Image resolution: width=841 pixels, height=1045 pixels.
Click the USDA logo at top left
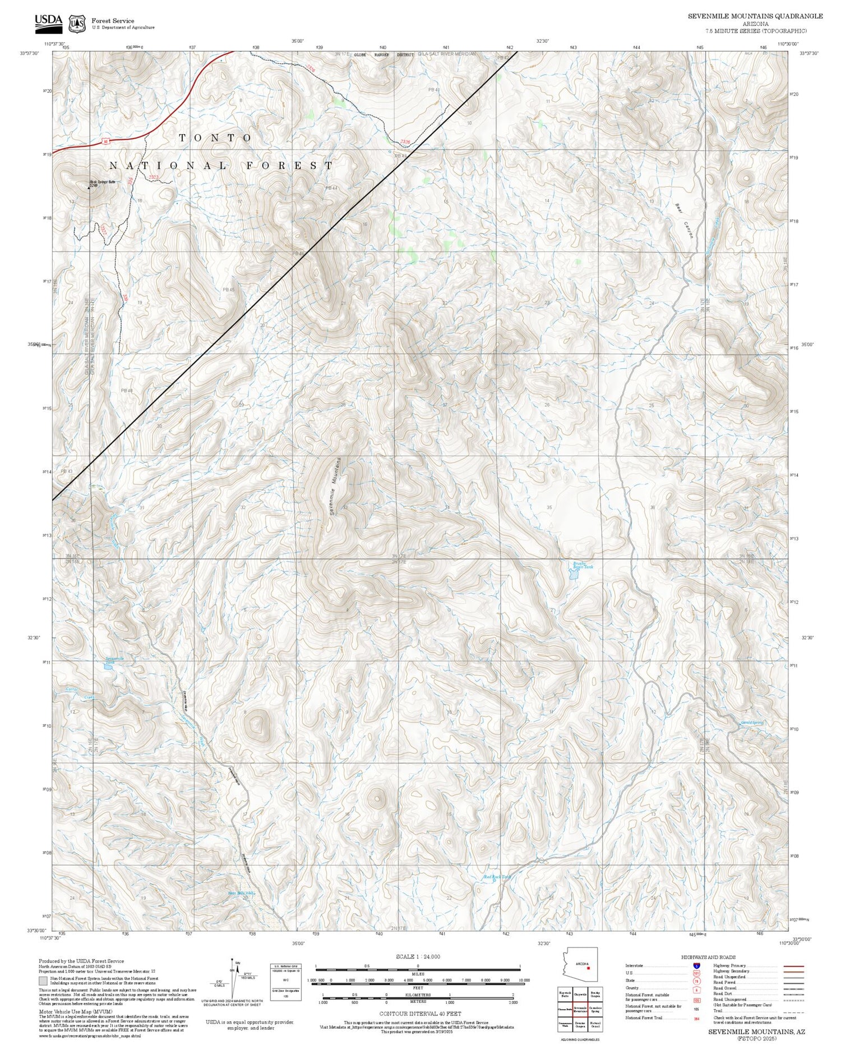[49, 21]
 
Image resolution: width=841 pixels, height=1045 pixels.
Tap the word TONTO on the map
[216, 138]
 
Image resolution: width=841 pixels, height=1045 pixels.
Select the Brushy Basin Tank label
[582, 566]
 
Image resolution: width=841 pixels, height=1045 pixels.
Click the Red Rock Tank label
[497, 877]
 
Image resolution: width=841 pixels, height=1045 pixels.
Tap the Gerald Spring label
[752, 723]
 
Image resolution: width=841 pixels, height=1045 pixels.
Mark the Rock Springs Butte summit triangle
[88, 188]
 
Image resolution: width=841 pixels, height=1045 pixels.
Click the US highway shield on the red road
[105, 142]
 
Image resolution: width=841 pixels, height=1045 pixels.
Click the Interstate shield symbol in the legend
[696, 965]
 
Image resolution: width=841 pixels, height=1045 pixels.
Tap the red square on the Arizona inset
[588, 968]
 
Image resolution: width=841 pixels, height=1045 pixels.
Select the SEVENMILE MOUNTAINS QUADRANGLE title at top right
[755, 16]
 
